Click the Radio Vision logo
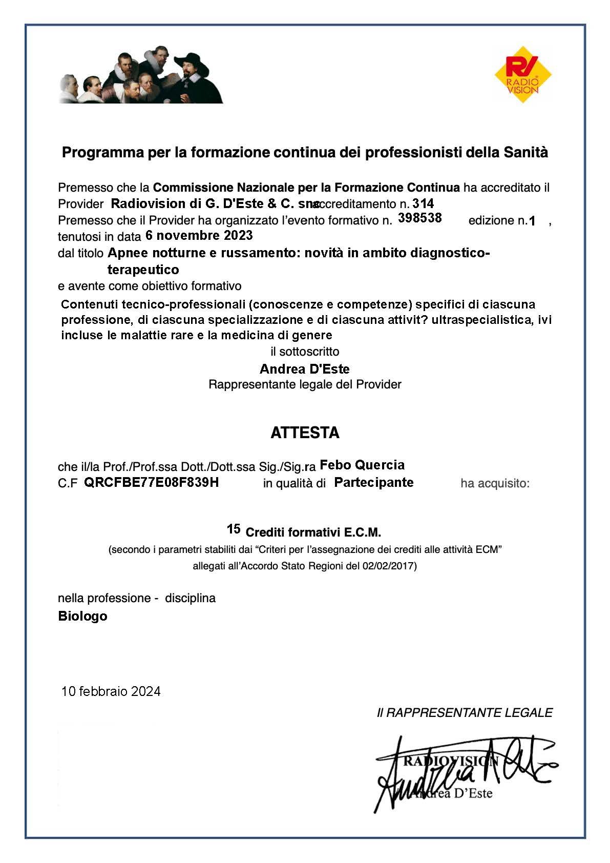[523, 75]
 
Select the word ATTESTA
[305, 433]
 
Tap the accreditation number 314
[423, 203]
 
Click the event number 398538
[420, 218]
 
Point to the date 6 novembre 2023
[199, 235]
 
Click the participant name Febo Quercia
[362, 465]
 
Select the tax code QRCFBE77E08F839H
[151, 482]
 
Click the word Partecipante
[373, 482]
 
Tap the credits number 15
[234, 529]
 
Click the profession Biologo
[82, 616]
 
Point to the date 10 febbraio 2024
[111, 691]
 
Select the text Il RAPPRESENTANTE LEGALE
[465, 712]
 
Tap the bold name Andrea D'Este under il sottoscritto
[305, 369]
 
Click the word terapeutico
[143, 270]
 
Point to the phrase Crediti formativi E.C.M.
[313, 532]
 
